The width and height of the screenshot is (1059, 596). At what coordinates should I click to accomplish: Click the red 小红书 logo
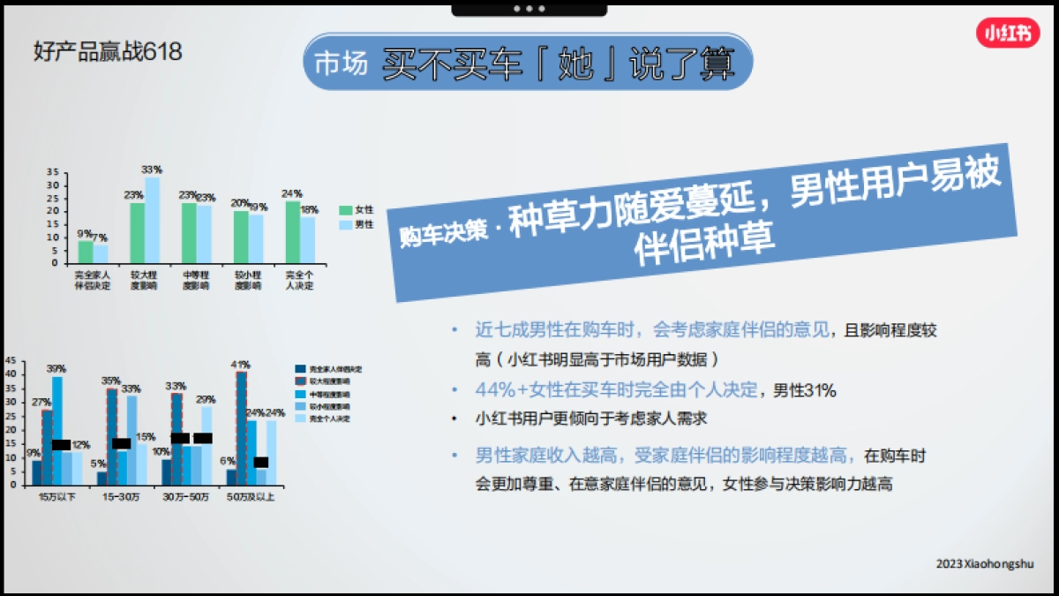[1008, 34]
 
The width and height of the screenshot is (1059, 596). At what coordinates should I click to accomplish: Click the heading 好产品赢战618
[108, 52]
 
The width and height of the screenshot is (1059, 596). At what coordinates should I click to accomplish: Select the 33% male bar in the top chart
[152, 220]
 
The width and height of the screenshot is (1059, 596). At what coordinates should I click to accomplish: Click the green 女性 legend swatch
[345, 210]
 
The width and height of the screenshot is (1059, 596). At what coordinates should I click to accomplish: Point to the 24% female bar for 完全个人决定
[292, 231]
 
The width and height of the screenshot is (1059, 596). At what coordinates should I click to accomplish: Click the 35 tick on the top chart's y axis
[53, 172]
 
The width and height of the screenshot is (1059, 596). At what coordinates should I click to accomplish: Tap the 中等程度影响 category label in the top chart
[195, 281]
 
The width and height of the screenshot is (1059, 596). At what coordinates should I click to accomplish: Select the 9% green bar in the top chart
[85, 252]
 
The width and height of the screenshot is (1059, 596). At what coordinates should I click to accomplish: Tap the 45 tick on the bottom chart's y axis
[11, 360]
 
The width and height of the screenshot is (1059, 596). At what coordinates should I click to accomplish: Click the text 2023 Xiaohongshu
[985, 563]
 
